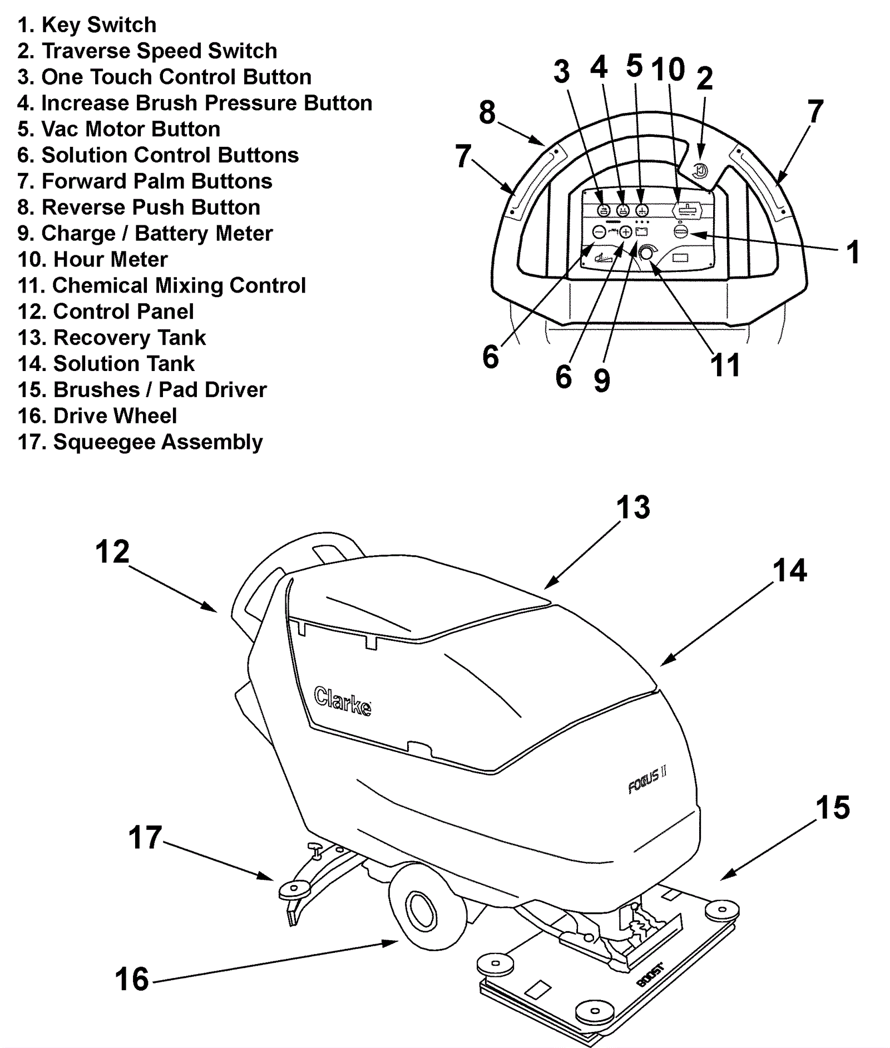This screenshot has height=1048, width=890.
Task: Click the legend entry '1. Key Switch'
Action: click(x=87, y=25)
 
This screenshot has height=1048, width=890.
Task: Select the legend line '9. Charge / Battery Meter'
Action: click(x=145, y=234)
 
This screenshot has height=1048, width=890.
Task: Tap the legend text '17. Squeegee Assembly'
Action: click(x=140, y=442)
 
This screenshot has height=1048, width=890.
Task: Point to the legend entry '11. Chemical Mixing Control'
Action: click(x=161, y=285)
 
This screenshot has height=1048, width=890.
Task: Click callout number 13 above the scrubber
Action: click(x=632, y=507)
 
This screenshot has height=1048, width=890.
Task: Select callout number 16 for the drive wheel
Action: click(x=132, y=980)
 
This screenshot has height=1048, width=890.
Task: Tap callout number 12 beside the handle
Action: click(x=112, y=552)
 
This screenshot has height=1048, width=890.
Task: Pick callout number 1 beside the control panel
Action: click(x=852, y=252)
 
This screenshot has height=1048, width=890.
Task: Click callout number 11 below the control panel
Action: click(x=725, y=365)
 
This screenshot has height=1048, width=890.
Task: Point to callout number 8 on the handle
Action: click(x=487, y=112)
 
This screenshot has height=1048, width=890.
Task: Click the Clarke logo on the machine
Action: click(x=343, y=701)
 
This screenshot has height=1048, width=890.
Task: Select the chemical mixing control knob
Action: click(x=646, y=253)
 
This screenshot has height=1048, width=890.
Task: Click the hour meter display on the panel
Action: click(x=688, y=210)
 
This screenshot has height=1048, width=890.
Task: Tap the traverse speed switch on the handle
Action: click(x=701, y=171)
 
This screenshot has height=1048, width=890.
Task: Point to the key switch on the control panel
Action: click(x=681, y=231)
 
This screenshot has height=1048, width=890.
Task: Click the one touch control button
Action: click(x=604, y=211)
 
